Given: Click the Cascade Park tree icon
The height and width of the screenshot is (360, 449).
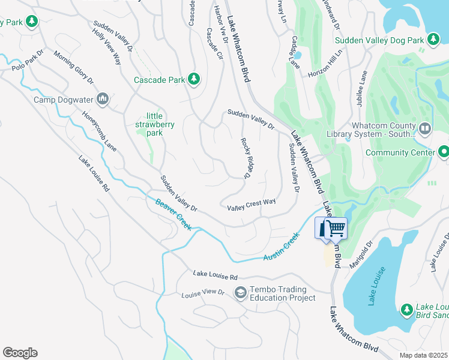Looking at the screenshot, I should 193,79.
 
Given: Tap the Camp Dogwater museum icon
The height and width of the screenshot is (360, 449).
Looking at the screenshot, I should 103,99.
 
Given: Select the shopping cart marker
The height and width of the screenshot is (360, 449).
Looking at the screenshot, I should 336,228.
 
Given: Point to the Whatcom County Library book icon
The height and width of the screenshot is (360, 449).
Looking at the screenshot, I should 425,128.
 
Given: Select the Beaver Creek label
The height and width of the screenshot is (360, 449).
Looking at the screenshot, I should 173,215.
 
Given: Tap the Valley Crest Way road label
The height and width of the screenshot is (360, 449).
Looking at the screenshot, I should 251,205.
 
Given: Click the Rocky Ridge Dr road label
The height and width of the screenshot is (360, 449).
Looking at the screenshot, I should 246,158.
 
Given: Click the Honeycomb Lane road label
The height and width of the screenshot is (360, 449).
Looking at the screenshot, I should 100,131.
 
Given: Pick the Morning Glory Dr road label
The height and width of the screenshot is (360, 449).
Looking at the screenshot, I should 74,67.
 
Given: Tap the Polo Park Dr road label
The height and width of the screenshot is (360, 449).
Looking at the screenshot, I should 28,61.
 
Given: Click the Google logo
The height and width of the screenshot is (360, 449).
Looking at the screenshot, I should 20,353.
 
